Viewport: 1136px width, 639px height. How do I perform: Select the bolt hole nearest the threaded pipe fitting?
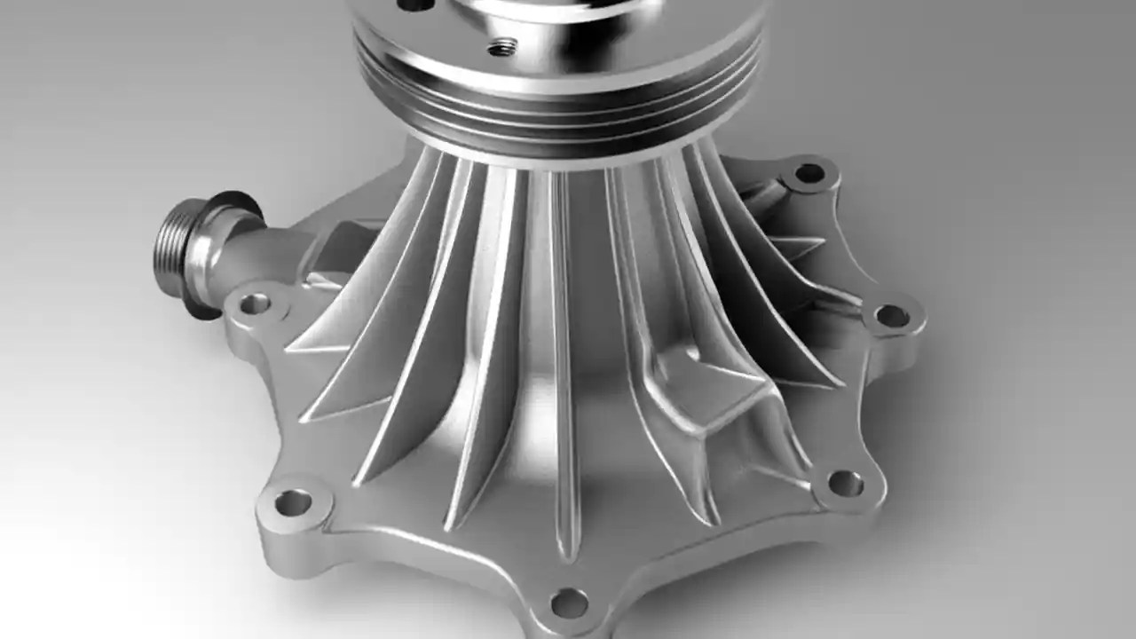point(255,304)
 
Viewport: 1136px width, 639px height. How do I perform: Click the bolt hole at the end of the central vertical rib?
point(569,603)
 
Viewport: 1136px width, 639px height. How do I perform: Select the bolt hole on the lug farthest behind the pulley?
point(809,173)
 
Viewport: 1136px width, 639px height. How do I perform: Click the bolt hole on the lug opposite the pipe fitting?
point(891,316)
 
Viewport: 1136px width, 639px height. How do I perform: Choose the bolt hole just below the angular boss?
point(844,484)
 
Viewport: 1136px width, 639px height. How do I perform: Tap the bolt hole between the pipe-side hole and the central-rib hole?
point(292,503)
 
